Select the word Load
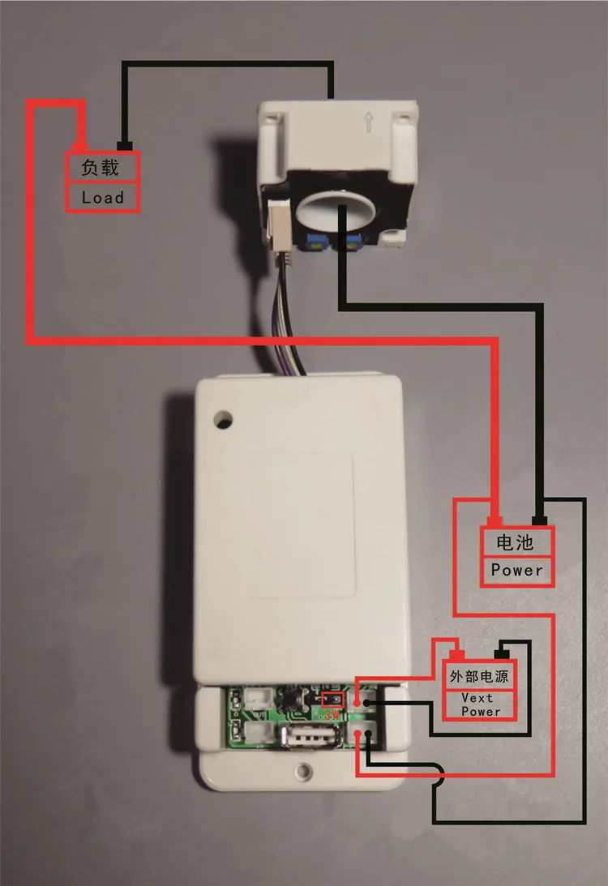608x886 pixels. (102, 197)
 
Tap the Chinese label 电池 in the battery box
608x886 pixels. (516, 541)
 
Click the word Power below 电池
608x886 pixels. (516, 570)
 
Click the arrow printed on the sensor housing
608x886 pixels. (369, 123)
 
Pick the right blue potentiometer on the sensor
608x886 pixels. (353, 240)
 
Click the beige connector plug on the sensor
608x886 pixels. (276, 229)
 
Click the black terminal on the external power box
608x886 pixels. (503, 652)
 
